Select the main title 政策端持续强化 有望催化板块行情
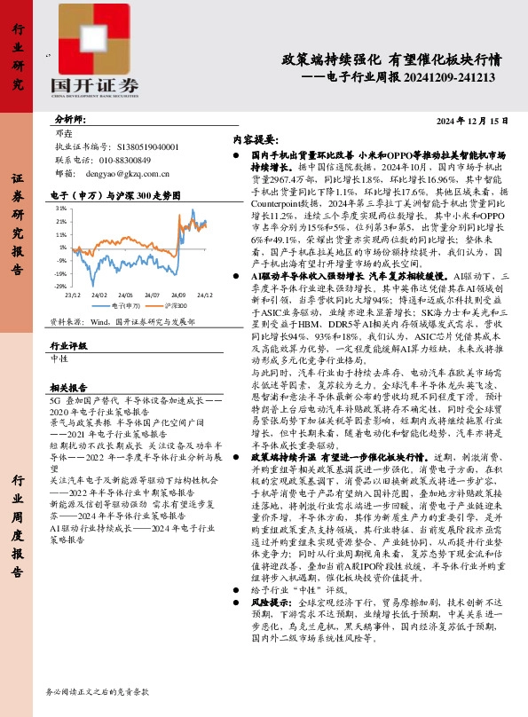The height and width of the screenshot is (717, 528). click(x=390, y=60)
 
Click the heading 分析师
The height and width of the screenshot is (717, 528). click(x=69, y=119)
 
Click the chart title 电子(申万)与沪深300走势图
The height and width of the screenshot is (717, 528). click(x=115, y=194)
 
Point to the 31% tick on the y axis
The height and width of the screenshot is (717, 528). click(x=61, y=209)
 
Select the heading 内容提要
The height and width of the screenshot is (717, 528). click(x=255, y=140)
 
